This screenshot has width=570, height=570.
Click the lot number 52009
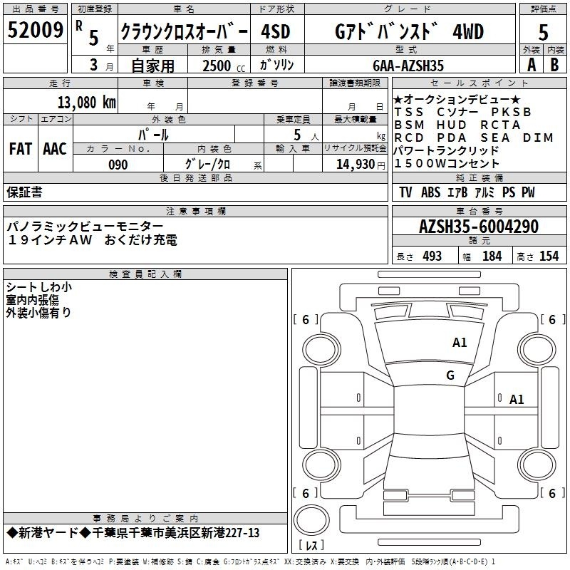(35, 30)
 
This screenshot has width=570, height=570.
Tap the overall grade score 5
(543, 32)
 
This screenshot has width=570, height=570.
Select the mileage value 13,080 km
(86, 103)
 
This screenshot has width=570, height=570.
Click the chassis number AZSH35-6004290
(479, 227)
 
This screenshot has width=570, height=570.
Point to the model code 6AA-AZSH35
(408, 66)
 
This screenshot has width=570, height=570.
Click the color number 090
(118, 165)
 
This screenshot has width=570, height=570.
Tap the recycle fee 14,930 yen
(361, 165)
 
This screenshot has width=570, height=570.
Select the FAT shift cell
(21, 149)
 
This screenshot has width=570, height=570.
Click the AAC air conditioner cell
(55, 149)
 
